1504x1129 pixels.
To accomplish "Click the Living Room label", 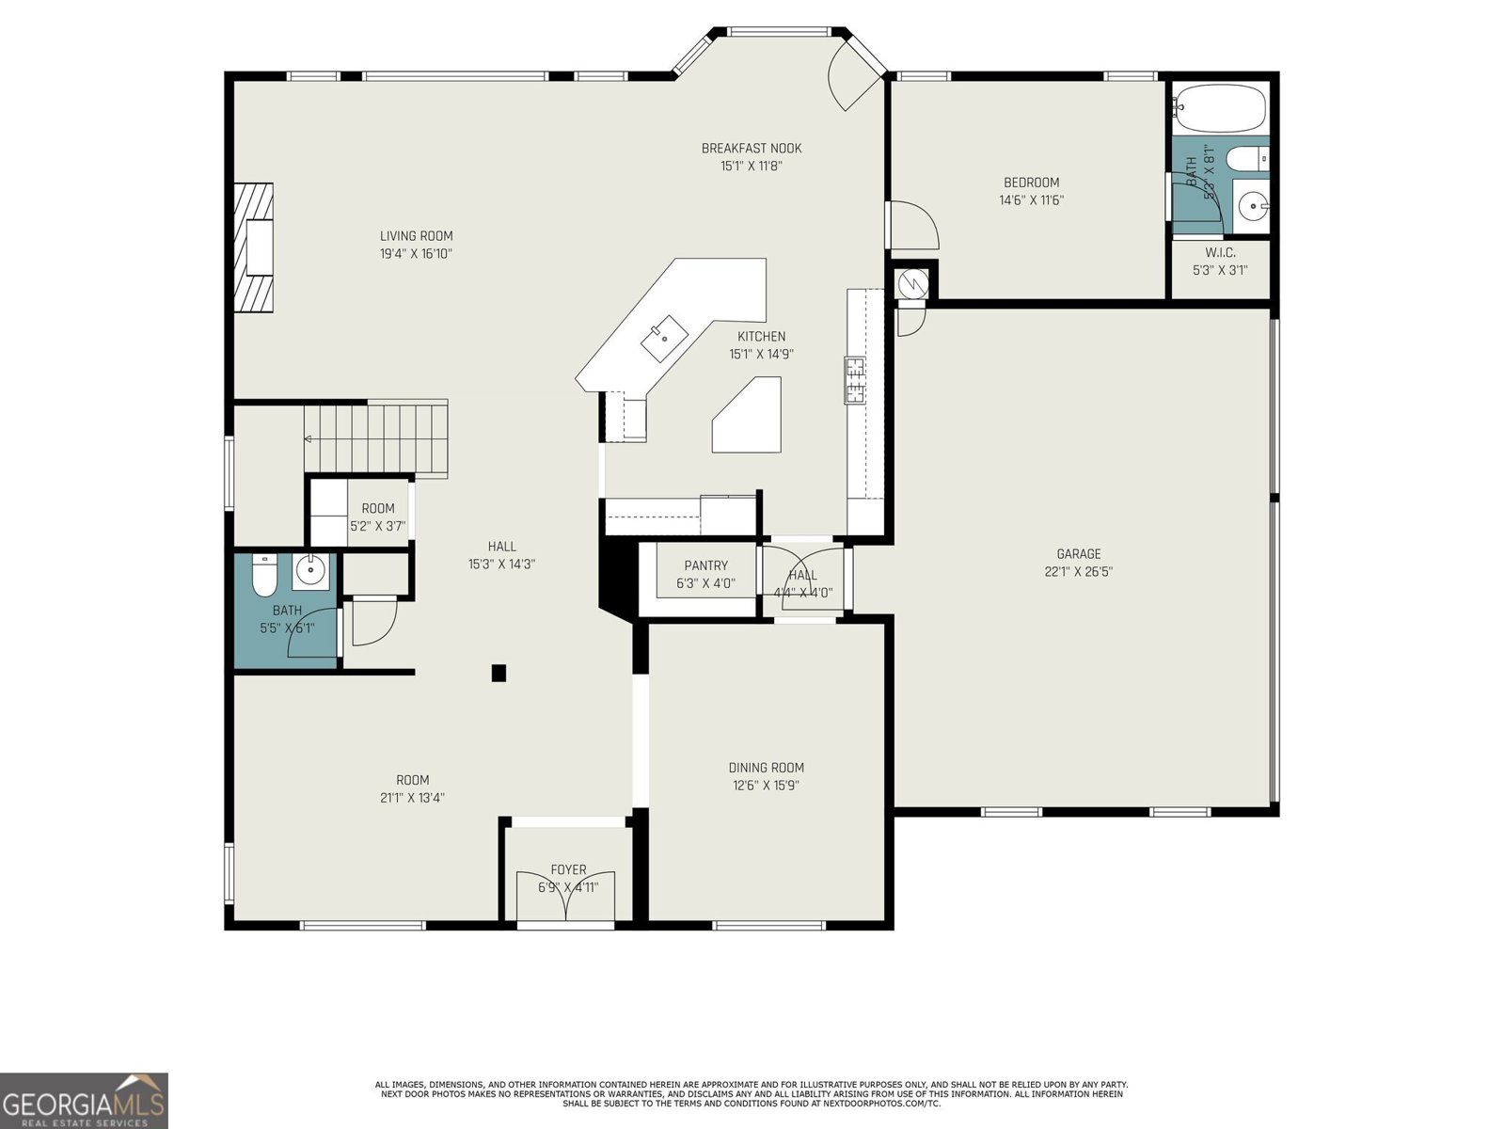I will pyautogui.click(x=416, y=236).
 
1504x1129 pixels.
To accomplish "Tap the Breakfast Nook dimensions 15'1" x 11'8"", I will pyautogui.click(x=751, y=167).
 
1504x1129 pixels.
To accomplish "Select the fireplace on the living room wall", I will pyautogui.click(x=253, y=246).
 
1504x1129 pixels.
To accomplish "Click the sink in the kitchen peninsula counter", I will pyautogui.click(x=664, y=332).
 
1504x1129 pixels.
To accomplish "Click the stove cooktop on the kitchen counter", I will pyautogui.click(x=855, y=380).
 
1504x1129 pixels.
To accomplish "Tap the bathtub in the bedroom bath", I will pyautogui.click(x=1219, y=109).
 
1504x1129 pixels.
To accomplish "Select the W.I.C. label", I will pyautogui.click(x=1219, y=253).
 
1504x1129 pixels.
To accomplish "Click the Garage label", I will pyautogui.click(x=1078, y=554).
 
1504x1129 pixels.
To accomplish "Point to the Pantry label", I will pyautogui.click(x=705, y=565).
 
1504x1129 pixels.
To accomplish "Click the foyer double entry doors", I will pyautogui.click(x=566, y=898).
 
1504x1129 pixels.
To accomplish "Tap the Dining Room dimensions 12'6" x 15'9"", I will pyautogui.click(x=766, y=786).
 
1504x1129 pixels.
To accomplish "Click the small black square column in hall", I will pyautogui.click(x=499, y=673).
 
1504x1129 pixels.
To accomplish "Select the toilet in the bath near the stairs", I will pyautogui.click(x=263, y=576).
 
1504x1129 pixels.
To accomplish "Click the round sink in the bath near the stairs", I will pyautogui.click(x=309, y=569).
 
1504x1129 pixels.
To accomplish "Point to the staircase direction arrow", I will pyautogui.click(x=309, y=438).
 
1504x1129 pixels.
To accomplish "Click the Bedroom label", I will pyautogui.click(x=1031, y=183).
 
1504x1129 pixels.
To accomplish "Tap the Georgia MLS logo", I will pyautogui.click(x=85, y=1100).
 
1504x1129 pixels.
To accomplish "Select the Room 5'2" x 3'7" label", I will pyautogui.click(x=377, y=509).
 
